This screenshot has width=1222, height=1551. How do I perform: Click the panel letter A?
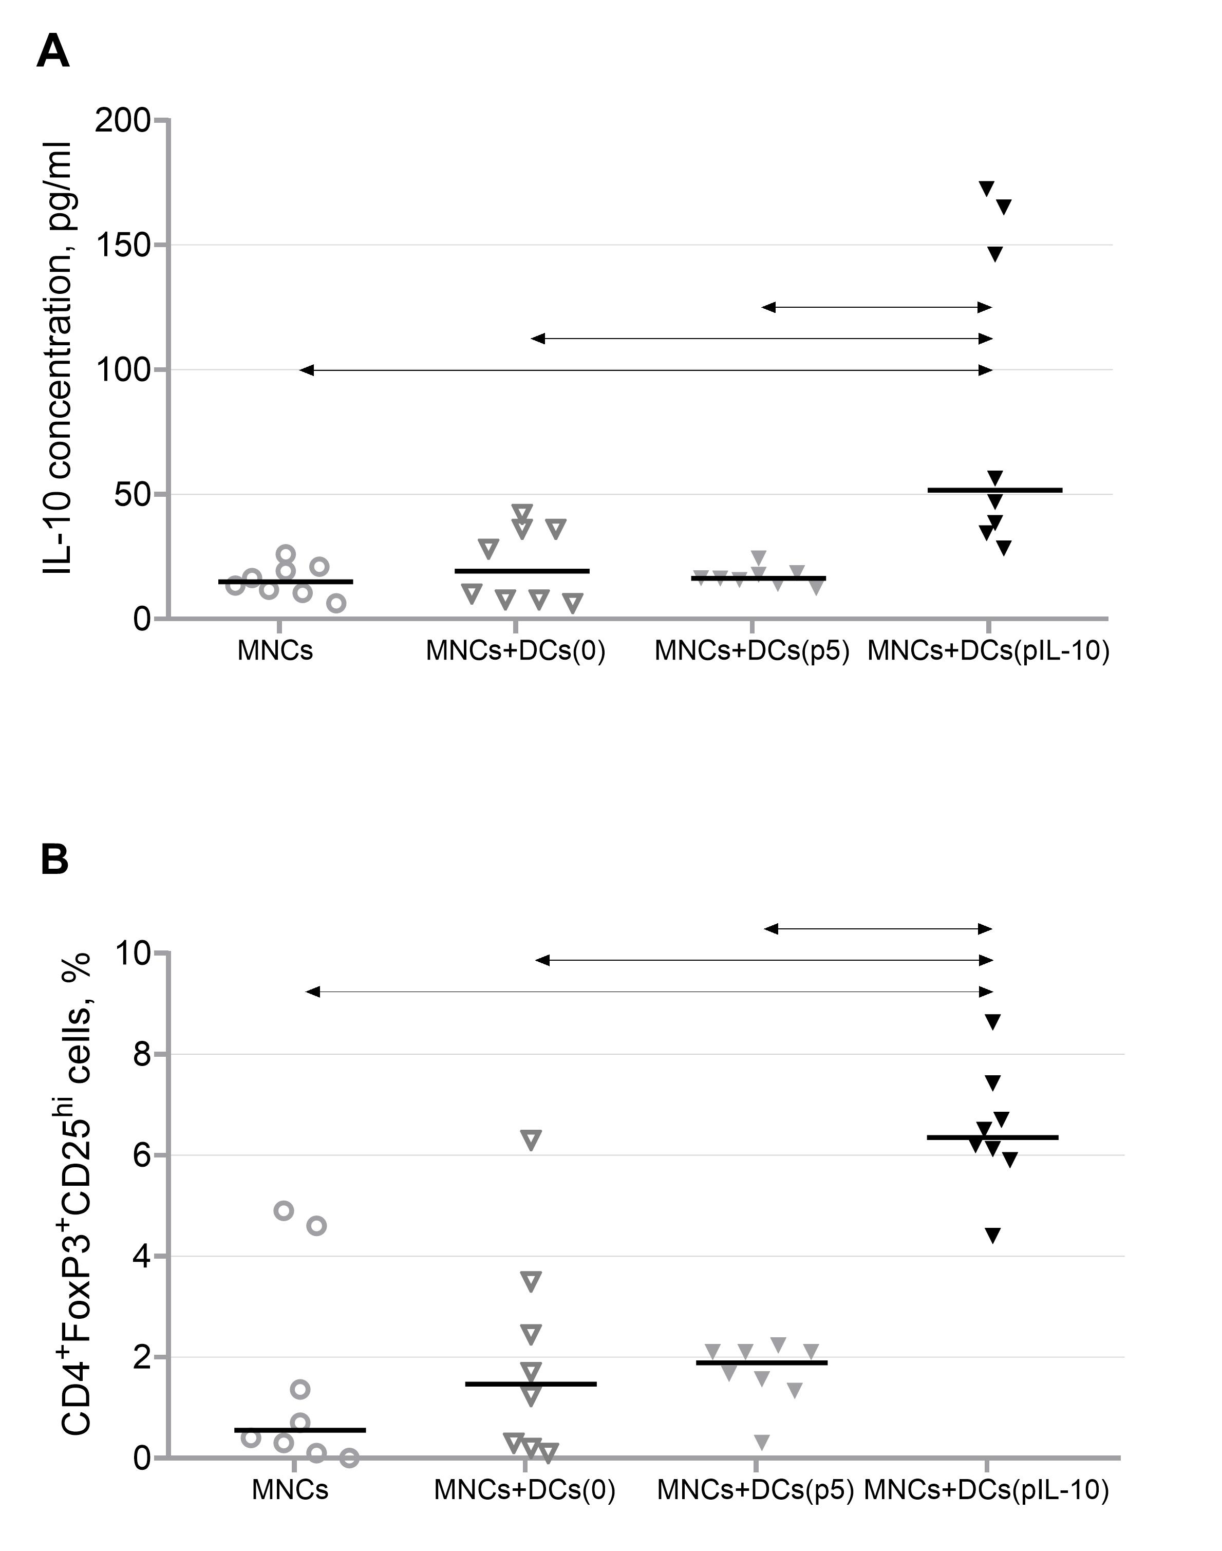point(53,52)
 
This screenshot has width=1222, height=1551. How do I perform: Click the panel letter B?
point(54,860)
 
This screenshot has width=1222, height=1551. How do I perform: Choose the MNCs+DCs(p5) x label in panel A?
point(752,651)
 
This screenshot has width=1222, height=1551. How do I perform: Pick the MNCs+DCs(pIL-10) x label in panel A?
point(989,651)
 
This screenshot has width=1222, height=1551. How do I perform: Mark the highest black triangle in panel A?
point(987,188)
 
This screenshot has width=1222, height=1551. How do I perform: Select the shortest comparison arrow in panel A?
point(877,308)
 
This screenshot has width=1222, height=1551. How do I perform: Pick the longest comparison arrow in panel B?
point(650,992)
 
